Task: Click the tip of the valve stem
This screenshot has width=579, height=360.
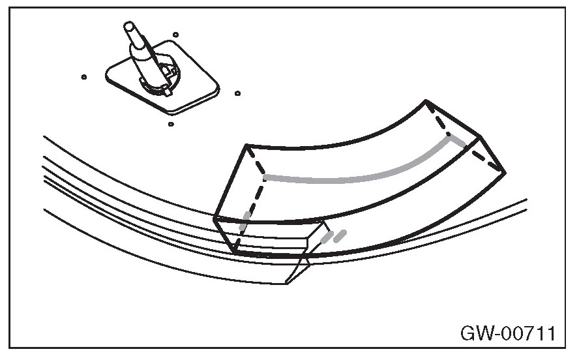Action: point(130,27)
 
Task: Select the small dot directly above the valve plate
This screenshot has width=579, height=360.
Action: point(176,35)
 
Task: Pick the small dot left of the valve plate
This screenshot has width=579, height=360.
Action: point(84,77)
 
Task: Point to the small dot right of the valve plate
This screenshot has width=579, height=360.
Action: point(237,93)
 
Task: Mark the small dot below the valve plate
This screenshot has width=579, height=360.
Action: point(170,123)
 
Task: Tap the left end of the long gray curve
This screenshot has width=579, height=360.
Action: point(265,176)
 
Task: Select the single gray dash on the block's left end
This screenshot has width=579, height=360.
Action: point(245,220)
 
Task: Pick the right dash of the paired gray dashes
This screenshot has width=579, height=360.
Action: point(340,234)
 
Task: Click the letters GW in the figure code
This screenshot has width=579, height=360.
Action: point(474,334)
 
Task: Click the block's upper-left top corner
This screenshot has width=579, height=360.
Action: point(247,145)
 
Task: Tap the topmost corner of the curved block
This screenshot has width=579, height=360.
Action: point(426,101)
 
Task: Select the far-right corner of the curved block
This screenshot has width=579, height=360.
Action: point(504,172)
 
